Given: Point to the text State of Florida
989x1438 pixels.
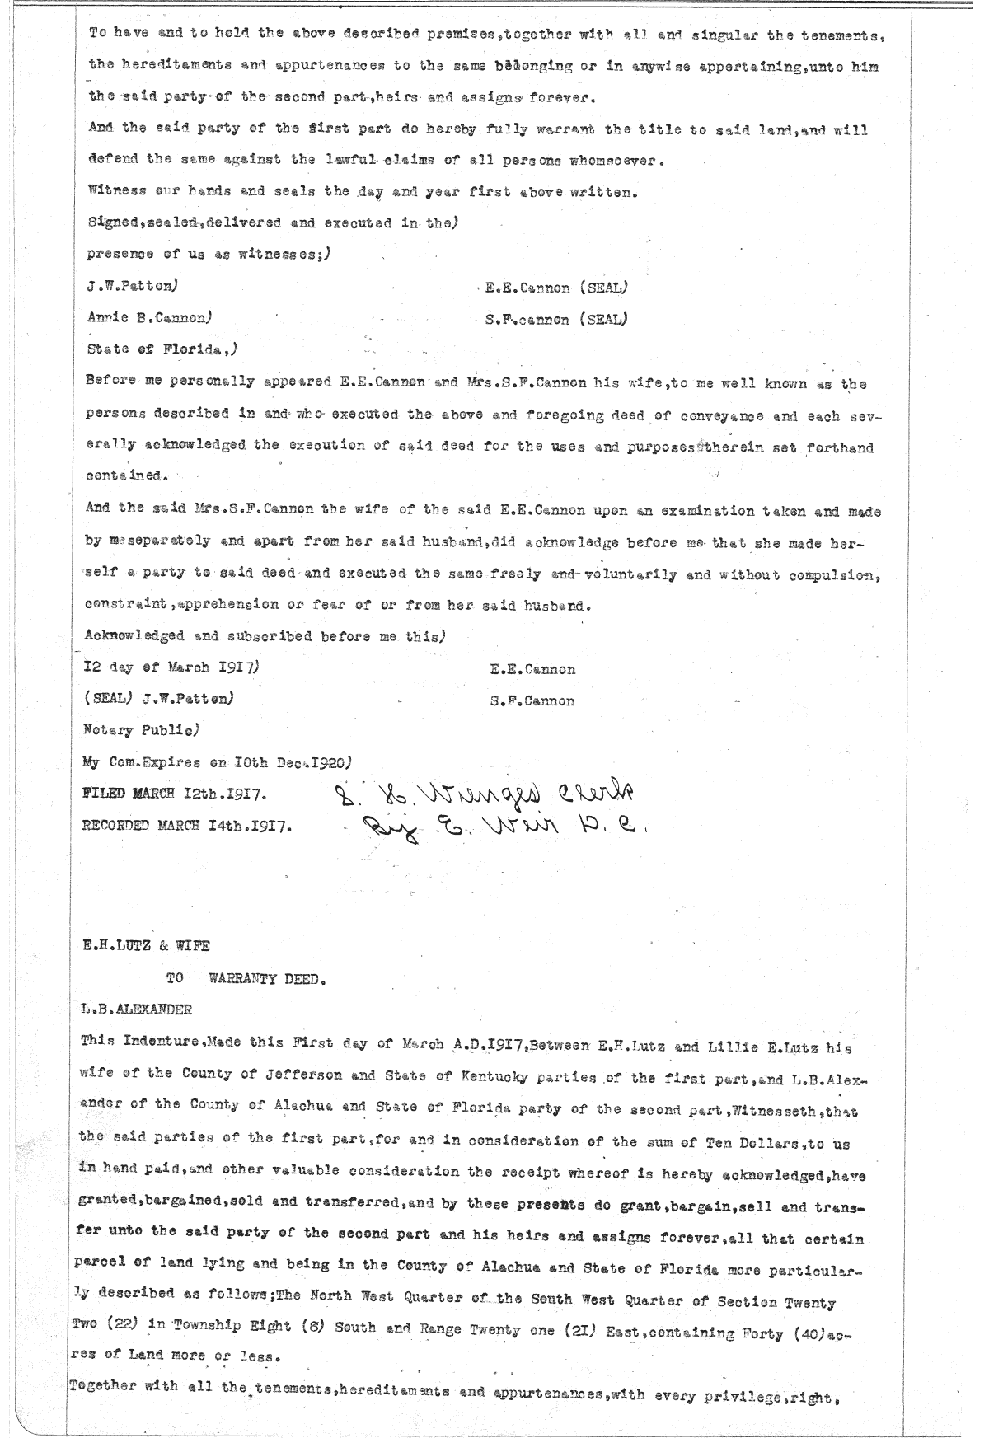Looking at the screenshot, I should tap(159, 349).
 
